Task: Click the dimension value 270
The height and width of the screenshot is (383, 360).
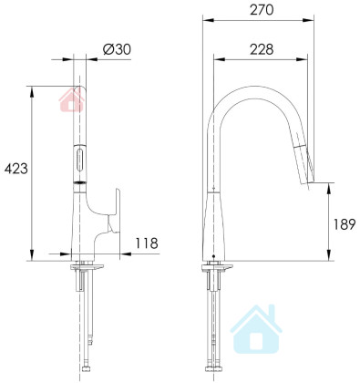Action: pyautogui.click(x=262, y=10)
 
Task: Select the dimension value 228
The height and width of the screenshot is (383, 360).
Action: pyautogui.click(x=262, y=49)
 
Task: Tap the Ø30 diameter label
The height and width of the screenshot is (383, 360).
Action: pyautogui.click(x=117, y=49)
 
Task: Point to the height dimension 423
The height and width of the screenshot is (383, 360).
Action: pyautogui.click(x=15, y=169)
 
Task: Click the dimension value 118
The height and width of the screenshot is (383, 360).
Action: pyautogui.click(x=147, y=243)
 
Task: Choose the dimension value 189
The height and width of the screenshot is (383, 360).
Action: pyautogui.click(x=345, y=224)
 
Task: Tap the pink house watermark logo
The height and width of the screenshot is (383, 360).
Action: pyautogui.click(x=72, y=98)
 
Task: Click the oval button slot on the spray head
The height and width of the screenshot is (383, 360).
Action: pyautogui.click(x=80, y=159)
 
